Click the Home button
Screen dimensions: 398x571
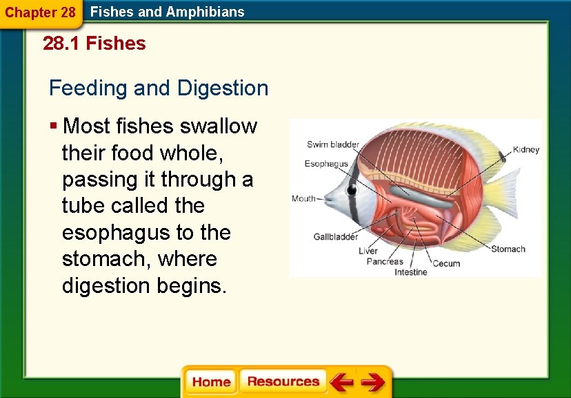click(x=211, y=382)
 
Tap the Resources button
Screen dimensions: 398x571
click(x=283, y=382)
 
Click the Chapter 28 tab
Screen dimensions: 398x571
click(x=40, y=12)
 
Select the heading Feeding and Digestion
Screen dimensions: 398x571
click(x=159, y=88)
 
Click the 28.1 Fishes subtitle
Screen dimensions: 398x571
click(x=94, y=44)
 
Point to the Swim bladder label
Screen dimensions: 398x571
click(x=332, y=144)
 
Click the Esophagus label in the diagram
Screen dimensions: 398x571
click(x=326, y=164)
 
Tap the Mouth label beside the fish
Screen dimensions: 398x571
click(x=303, y=198)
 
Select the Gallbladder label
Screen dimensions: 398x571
click(x=336, y=237)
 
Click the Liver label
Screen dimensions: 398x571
click(x=368, y=251)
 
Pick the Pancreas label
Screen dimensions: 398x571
click(x=384, y=262)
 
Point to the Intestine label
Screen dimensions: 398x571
click(x=410, y=272)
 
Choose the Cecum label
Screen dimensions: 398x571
click(x=446, y=263)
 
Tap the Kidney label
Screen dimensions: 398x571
click(x=526, y=150)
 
